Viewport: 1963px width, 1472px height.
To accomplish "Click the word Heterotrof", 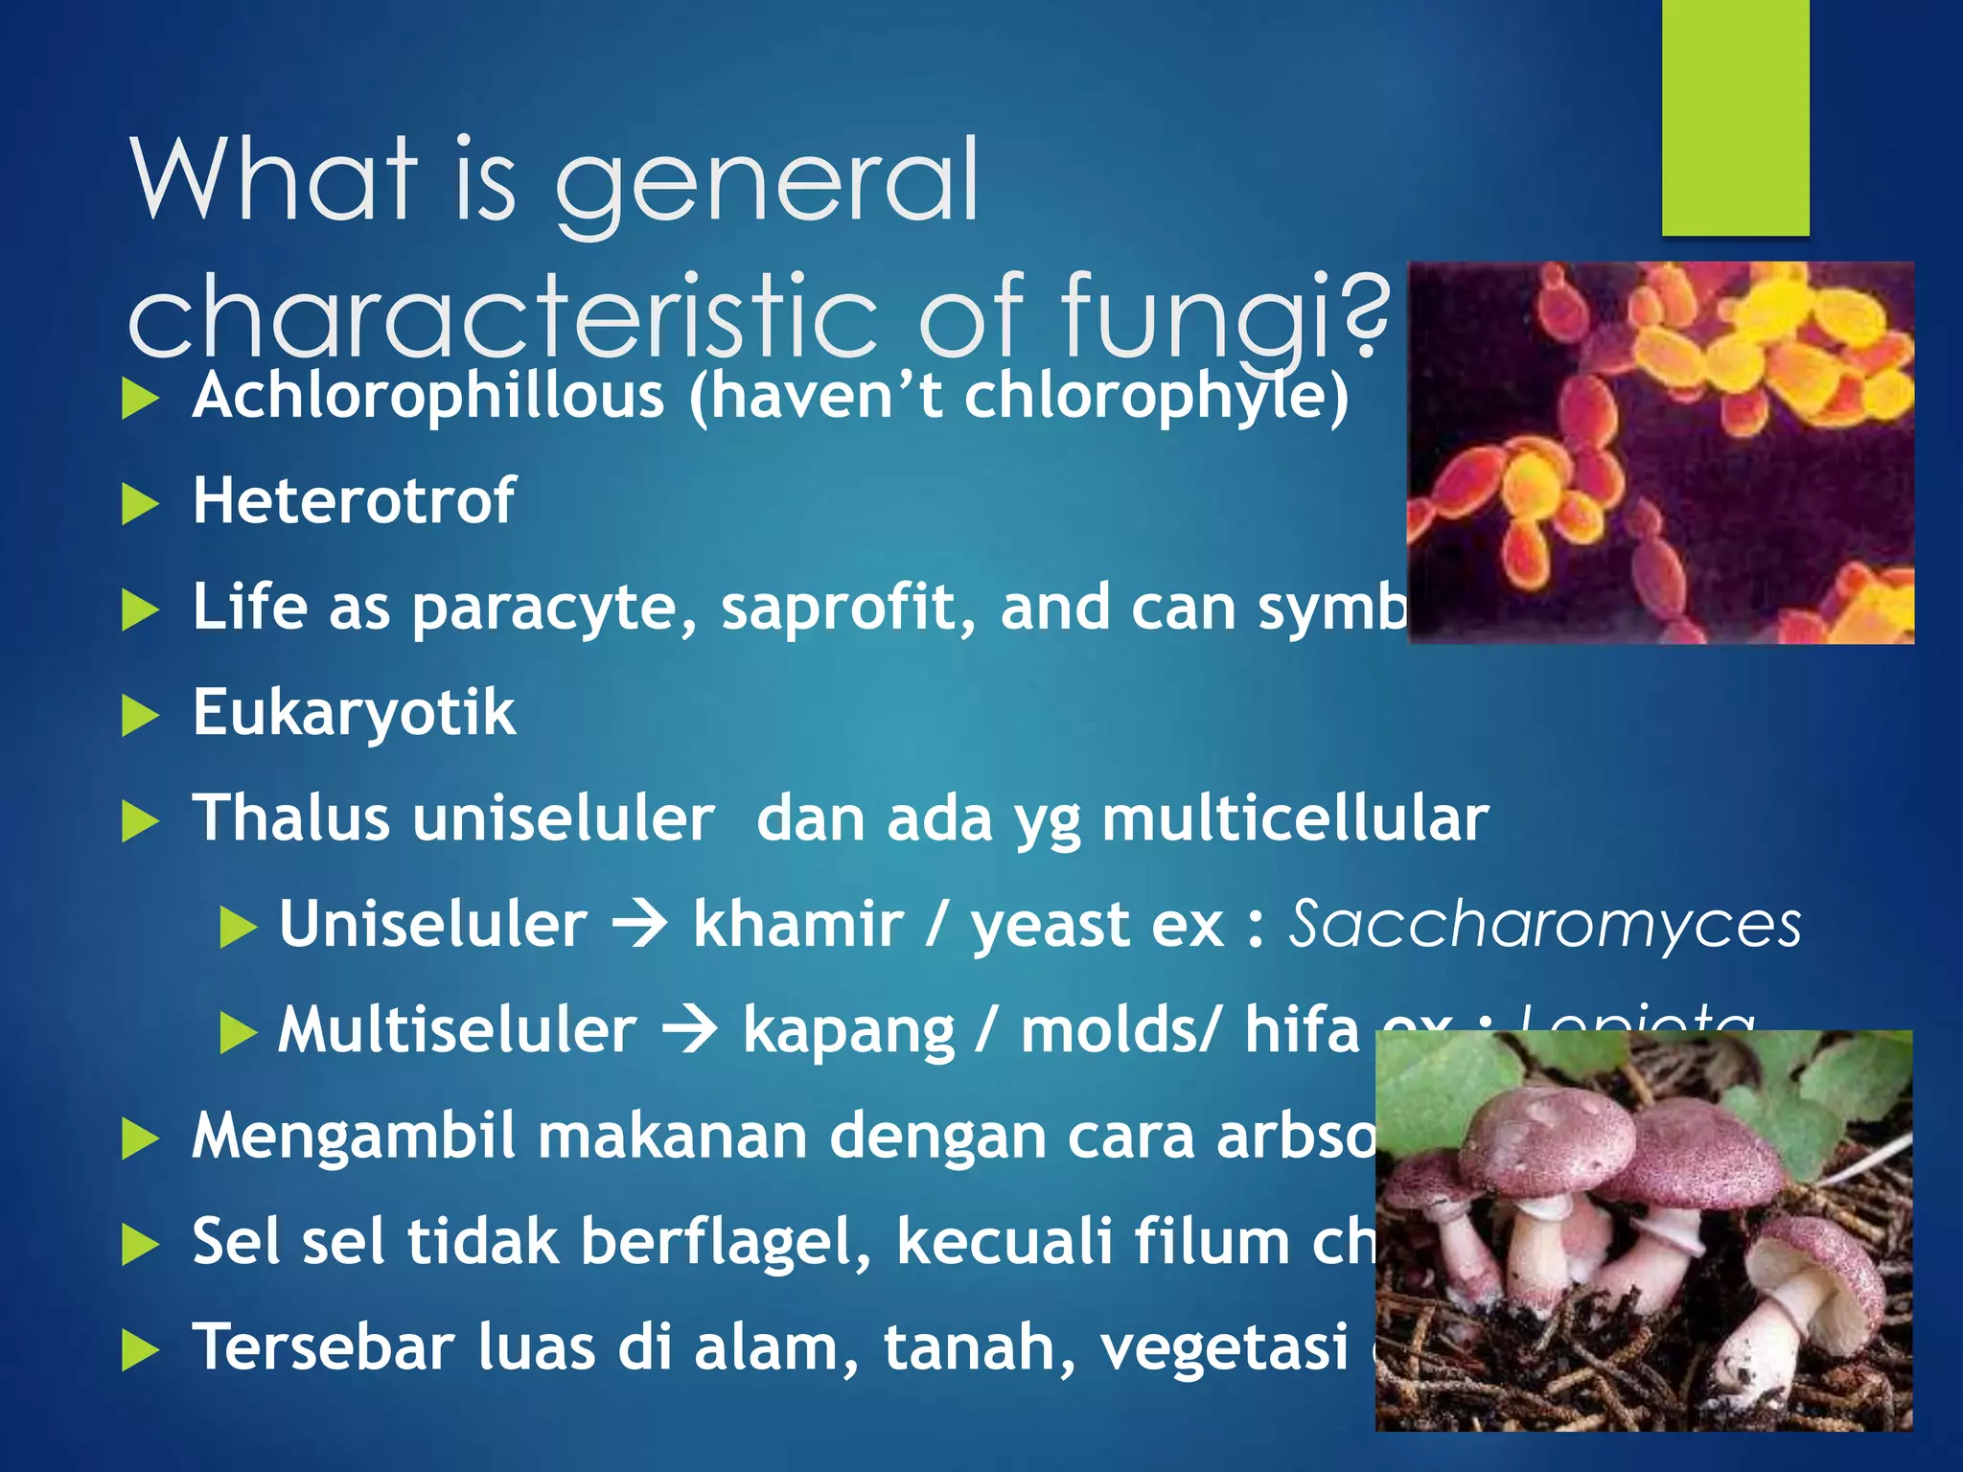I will [x=353, y=501].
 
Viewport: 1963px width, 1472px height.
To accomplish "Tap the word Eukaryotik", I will [x=354, y=714].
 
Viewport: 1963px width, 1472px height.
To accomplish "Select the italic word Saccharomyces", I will [x=1544, y=925].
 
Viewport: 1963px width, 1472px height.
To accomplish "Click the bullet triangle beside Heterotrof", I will [x=140, y=505].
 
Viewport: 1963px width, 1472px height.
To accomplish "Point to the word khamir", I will [x=797, y=925].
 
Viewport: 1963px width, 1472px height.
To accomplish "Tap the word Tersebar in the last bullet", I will [x=323, y=1347].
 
